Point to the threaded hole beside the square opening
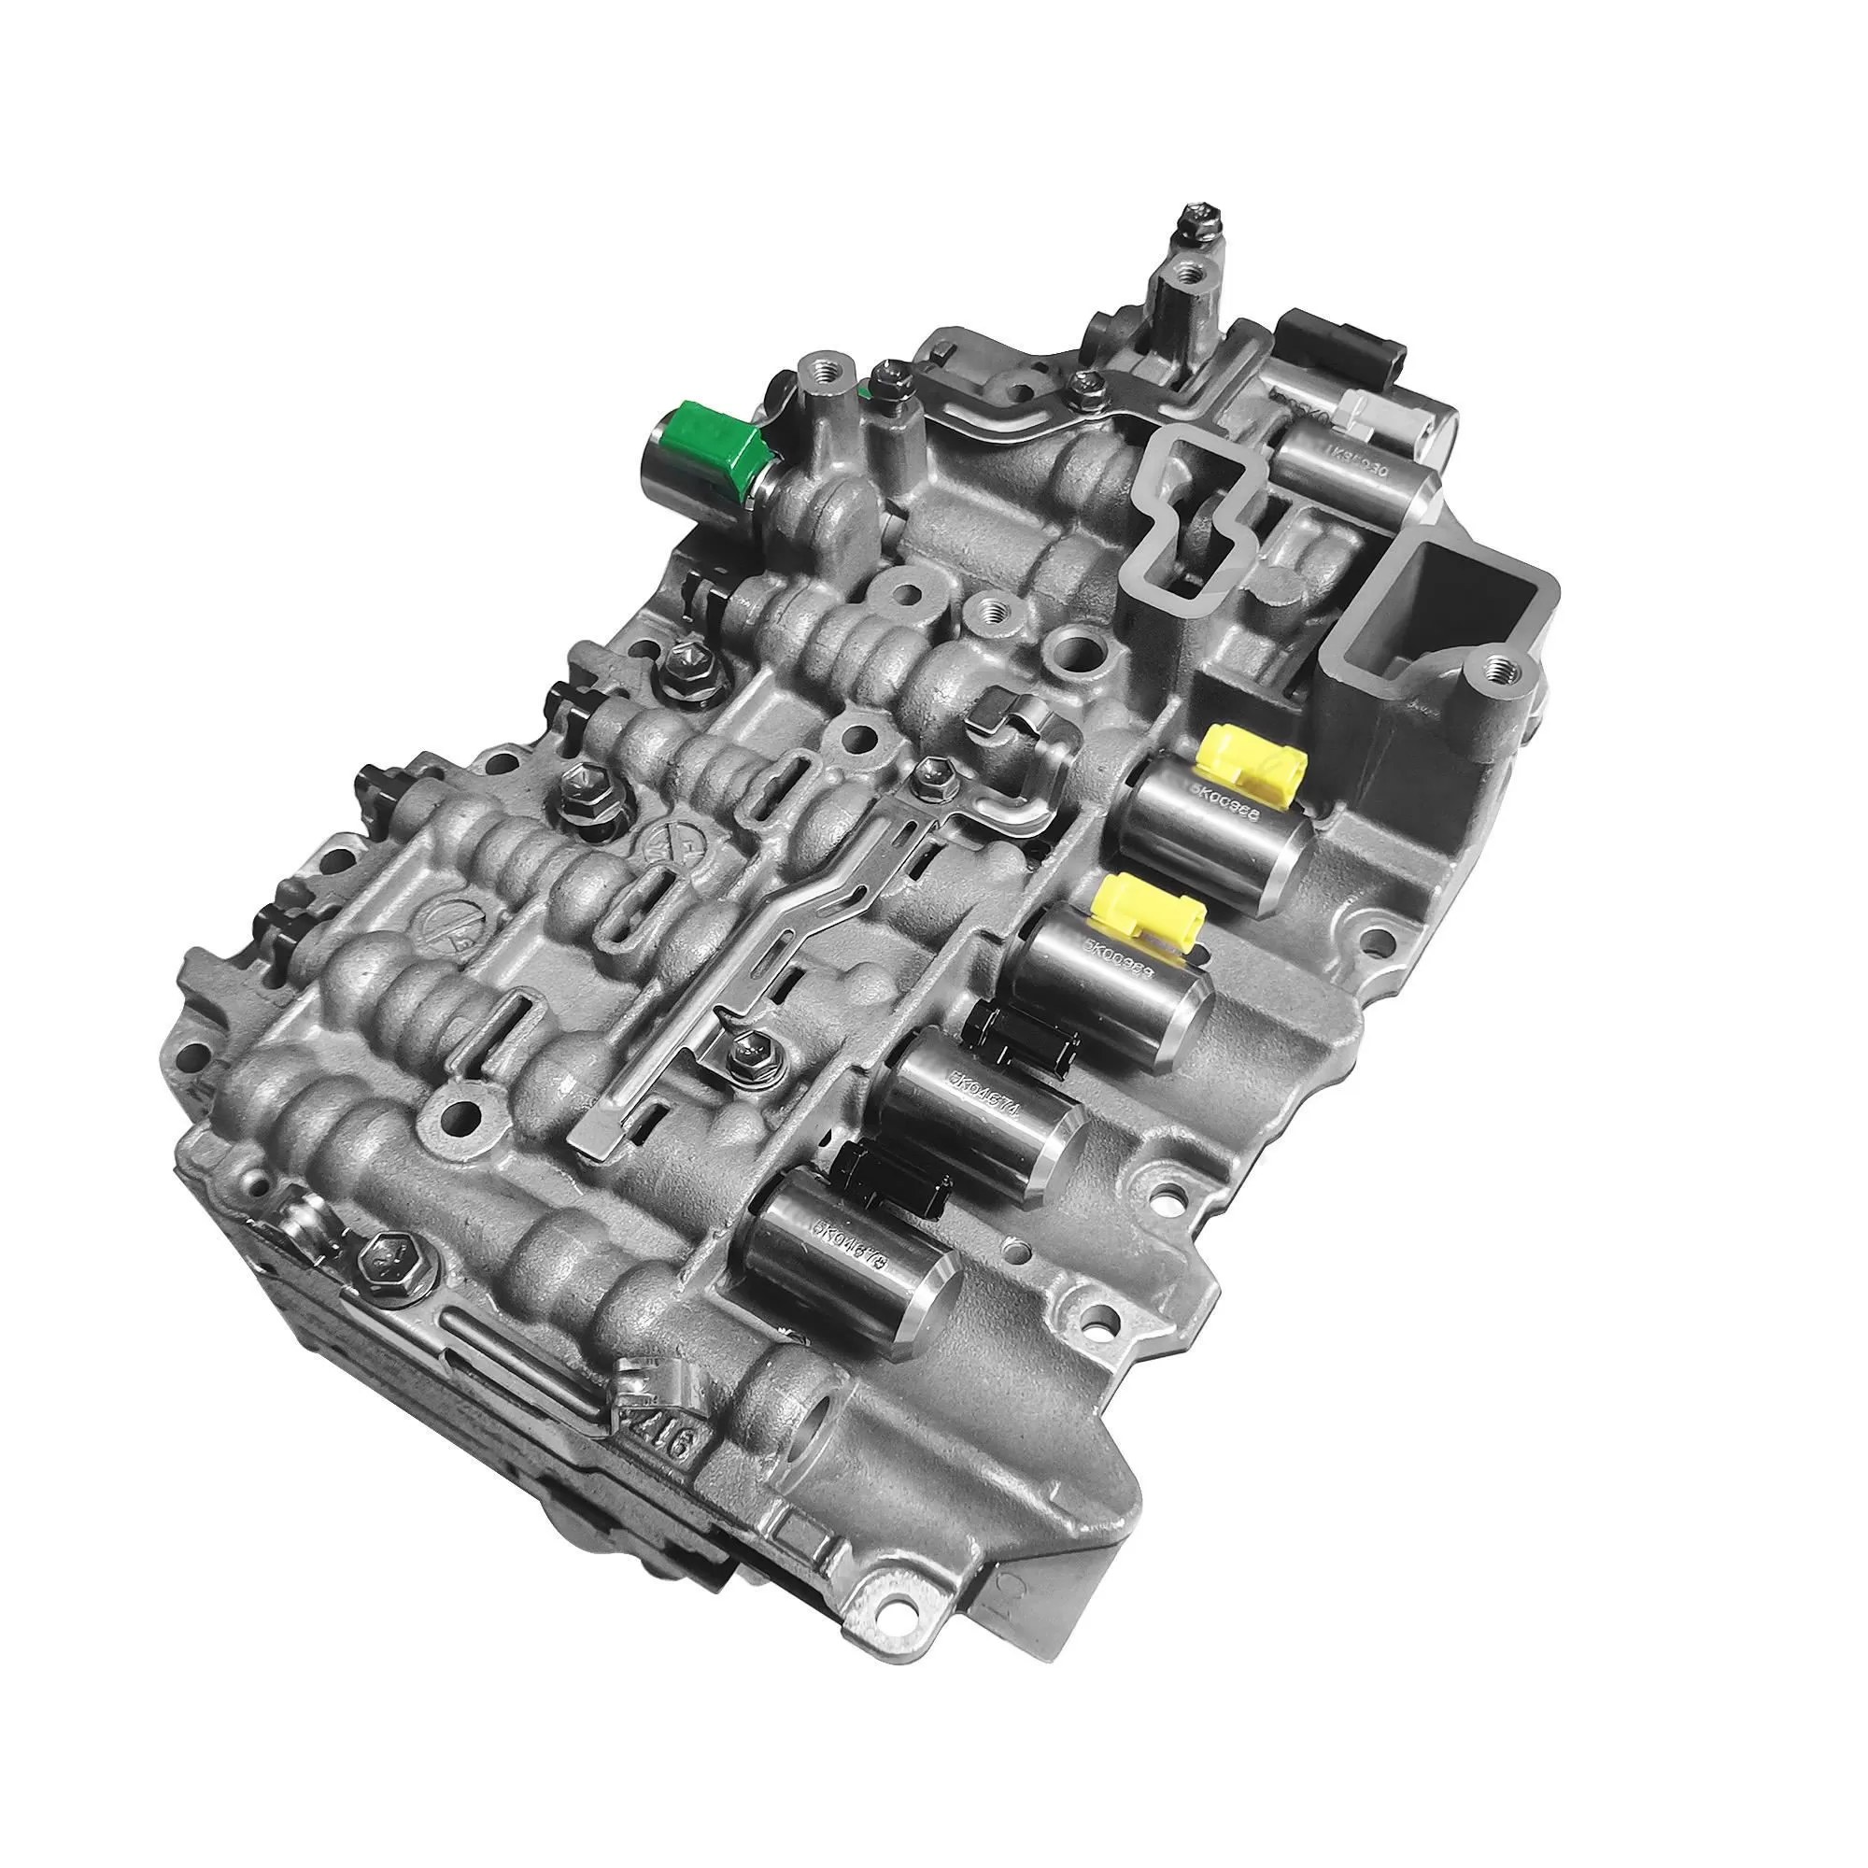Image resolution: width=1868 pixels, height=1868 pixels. pyautogui.click(x=1500, y=666)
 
